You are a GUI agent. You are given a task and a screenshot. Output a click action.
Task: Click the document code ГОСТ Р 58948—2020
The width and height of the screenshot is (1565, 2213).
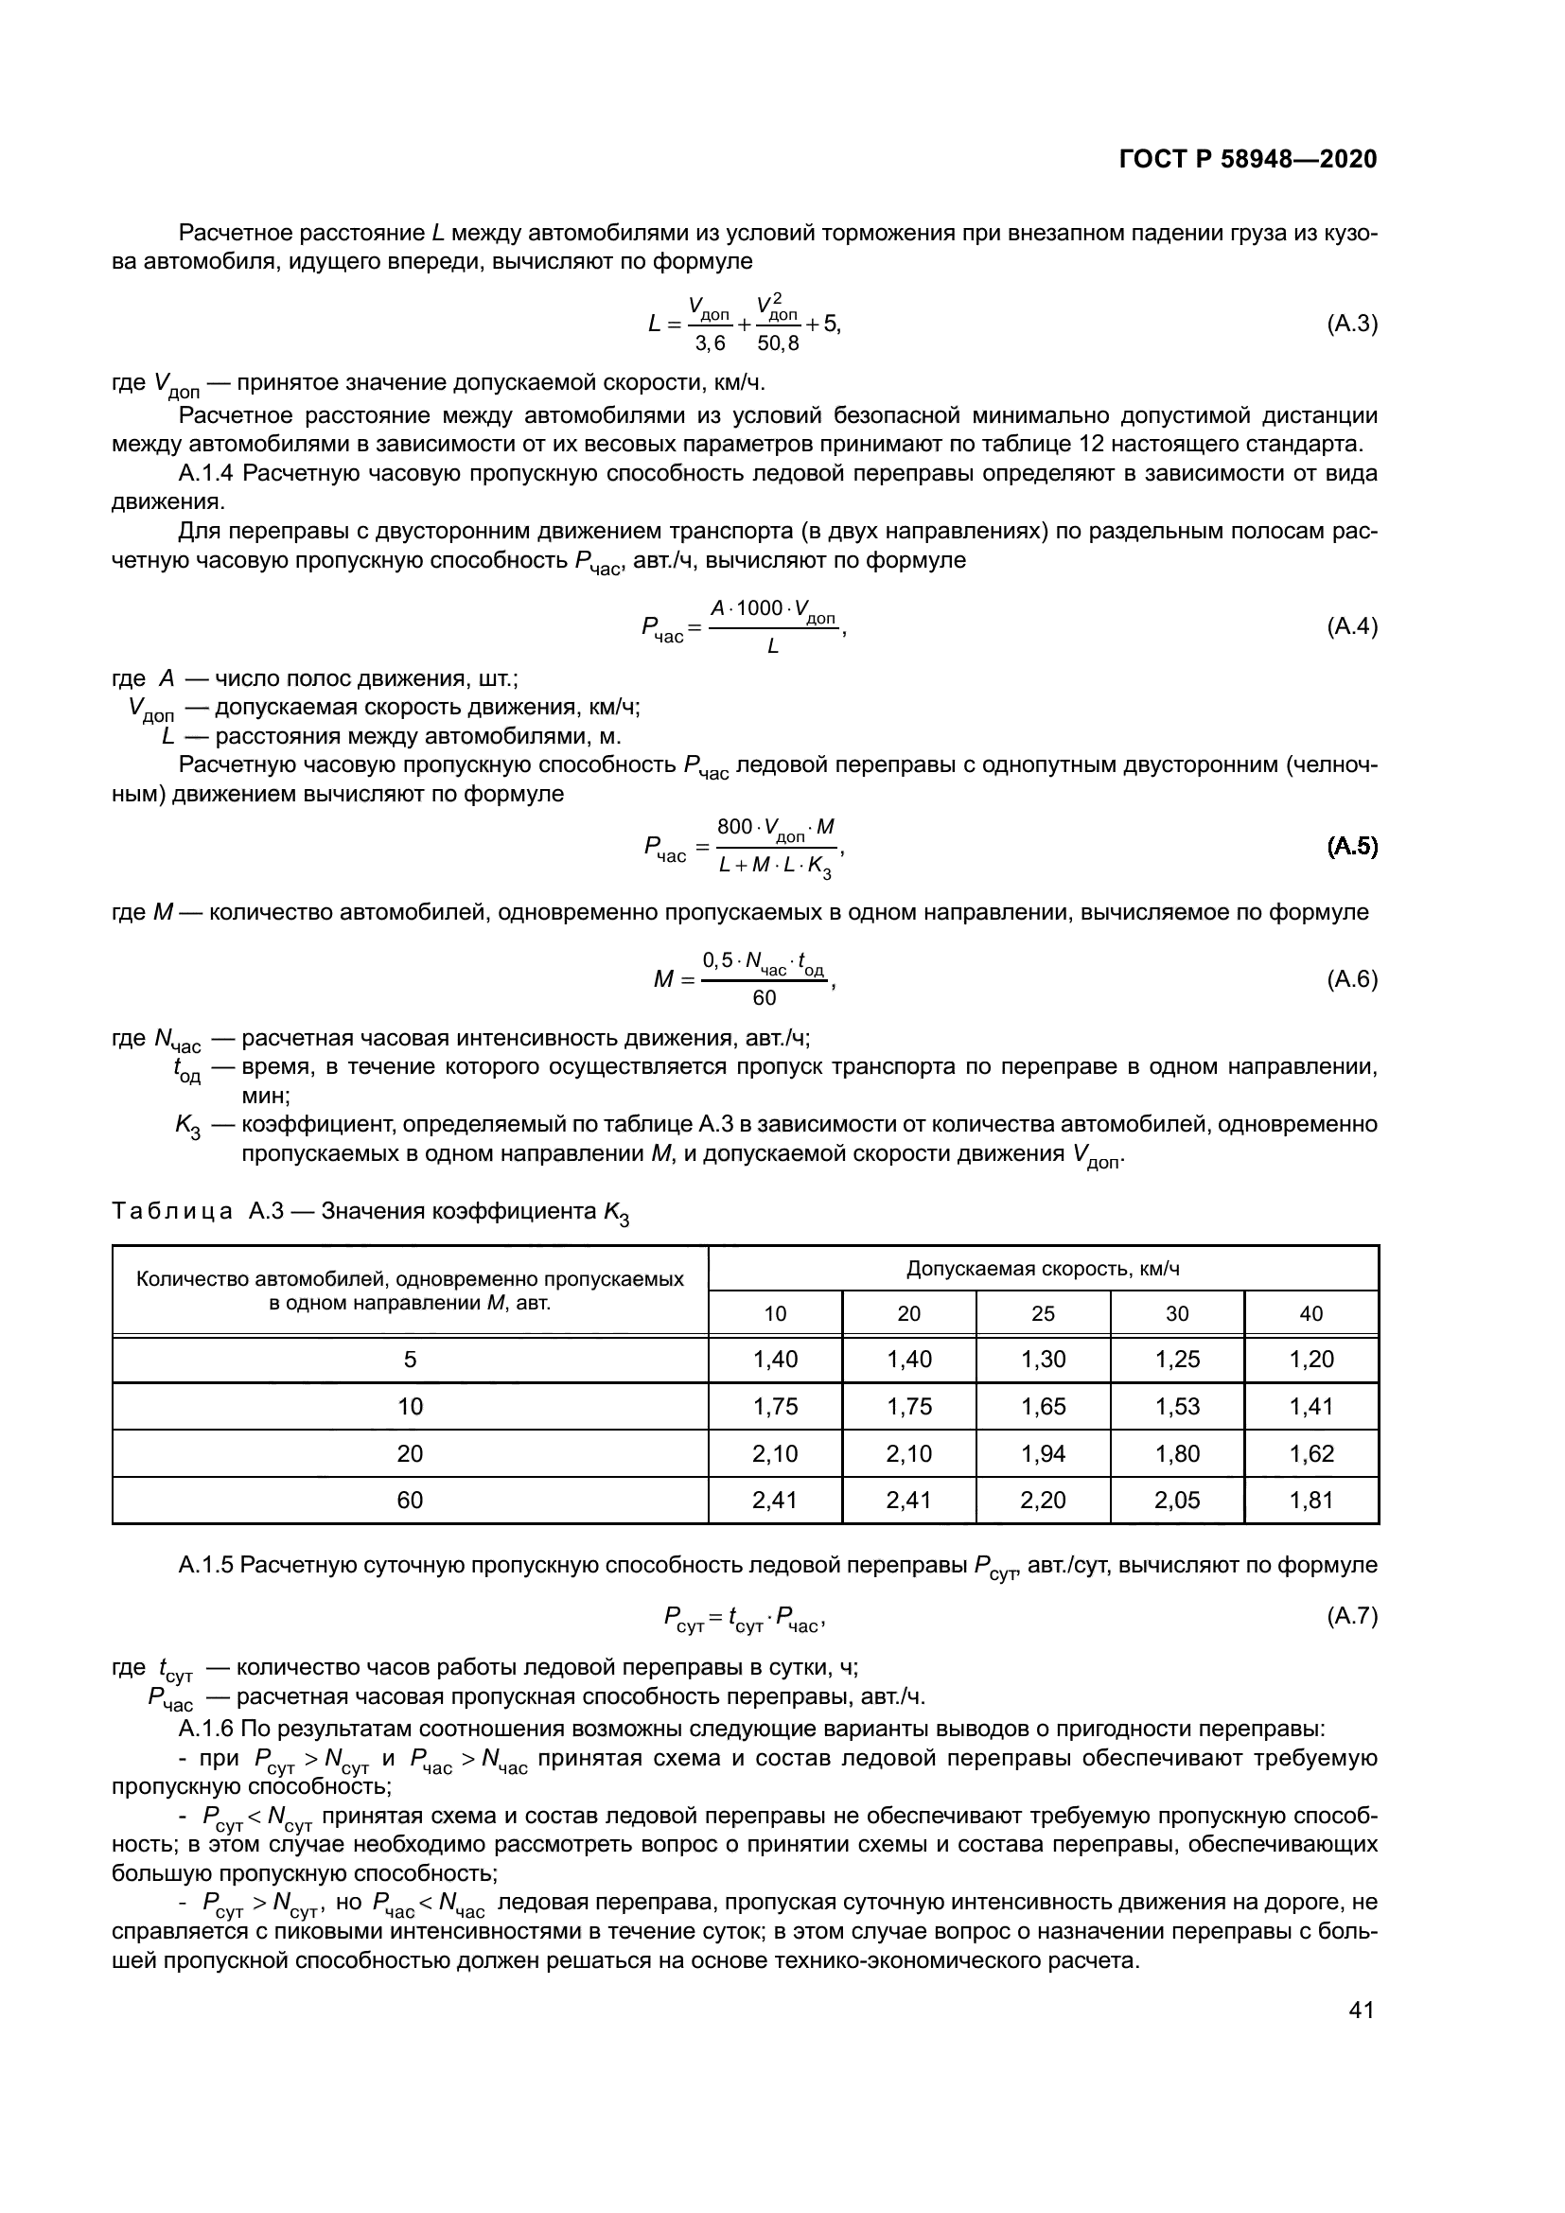pos(1248,160)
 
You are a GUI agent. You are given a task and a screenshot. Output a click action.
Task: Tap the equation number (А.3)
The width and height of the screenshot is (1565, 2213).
pos(1352,324)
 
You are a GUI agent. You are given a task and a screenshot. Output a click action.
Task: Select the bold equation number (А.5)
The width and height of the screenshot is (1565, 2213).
pos(1352,847)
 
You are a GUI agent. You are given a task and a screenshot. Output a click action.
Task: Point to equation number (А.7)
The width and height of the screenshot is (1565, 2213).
pos(1352,1616)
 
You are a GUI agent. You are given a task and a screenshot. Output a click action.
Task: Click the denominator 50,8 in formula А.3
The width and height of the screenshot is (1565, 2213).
pos(778,344)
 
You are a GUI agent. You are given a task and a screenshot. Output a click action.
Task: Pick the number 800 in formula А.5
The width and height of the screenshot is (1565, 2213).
pos(734,827)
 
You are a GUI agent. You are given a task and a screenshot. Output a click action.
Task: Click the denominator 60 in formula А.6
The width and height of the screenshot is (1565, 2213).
pos(765,998)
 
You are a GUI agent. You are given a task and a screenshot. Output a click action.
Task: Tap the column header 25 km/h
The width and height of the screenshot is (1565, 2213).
pos(1043,1313)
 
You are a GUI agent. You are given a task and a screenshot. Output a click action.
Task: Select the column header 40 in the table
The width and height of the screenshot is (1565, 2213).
pos(1310,1313)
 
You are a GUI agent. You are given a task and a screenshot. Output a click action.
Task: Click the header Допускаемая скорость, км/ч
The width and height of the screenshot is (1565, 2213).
pos(1043,1269)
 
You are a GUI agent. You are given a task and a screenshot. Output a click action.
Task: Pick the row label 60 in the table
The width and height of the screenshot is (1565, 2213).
pos(411,1500)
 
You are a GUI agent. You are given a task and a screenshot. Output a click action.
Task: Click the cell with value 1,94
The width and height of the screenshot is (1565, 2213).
pos(1043,1453)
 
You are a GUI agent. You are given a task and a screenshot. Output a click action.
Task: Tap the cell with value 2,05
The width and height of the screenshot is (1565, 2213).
pos(1177,1500)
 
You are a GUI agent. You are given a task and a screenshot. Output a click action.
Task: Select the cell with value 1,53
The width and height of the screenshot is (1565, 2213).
pos(1177,1406)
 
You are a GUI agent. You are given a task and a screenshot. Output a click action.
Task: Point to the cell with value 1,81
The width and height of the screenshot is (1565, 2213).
pos(1310,1500)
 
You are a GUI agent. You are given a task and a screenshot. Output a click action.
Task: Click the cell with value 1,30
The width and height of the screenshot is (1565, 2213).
pos(1043,1360)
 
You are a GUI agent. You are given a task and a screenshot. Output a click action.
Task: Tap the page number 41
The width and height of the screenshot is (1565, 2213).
pos(1361,2011)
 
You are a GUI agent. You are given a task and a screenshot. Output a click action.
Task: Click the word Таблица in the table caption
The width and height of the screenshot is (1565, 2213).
pos(172,1212)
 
